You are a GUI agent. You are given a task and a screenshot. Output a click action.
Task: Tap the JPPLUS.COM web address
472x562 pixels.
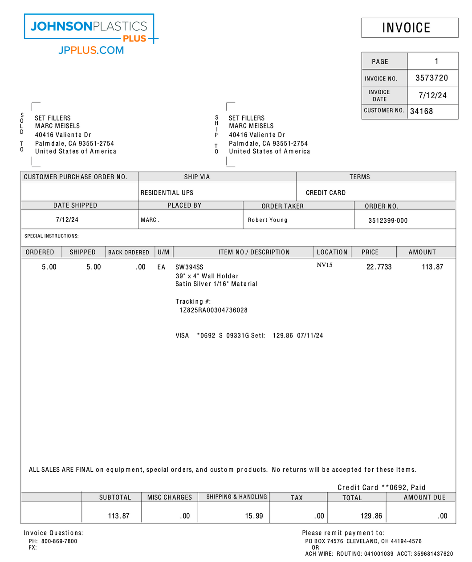pos(91,50)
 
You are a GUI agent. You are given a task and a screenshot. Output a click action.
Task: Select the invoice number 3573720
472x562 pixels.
pos(431,78)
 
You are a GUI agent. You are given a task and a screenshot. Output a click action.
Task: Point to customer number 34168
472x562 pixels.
pos(421,111)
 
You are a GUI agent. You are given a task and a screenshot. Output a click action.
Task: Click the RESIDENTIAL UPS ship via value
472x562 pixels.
pos(167,193)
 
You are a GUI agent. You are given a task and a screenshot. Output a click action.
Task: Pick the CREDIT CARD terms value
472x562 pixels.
pos(326,193)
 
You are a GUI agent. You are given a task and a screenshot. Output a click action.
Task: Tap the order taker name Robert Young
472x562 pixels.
pos(268,220)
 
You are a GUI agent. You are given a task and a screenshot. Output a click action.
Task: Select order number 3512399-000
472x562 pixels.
pos(388,221)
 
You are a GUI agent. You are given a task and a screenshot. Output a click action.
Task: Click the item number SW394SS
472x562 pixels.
pos(189,267)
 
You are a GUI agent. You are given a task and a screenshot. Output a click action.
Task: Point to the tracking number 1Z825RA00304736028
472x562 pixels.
pos(213,310)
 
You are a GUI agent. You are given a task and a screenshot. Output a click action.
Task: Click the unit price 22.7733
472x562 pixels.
pos(379,267)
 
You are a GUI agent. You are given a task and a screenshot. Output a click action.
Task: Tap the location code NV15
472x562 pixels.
pos(324,265)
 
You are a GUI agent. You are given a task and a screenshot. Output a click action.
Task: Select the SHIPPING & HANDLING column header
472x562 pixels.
pos(236,497)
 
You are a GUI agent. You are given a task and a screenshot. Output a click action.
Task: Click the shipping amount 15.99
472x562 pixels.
pos(254,516)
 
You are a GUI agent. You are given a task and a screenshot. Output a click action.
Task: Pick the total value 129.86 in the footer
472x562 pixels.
pos(371,516)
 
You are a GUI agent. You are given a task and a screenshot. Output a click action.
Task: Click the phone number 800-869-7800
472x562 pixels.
pos(59,542)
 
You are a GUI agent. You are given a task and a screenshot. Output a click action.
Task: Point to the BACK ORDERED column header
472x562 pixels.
pos(129,253)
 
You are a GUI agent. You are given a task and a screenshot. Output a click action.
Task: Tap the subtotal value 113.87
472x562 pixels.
pos(118,516)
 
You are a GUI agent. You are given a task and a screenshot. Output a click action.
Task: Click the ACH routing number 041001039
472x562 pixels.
pos(378,554)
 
